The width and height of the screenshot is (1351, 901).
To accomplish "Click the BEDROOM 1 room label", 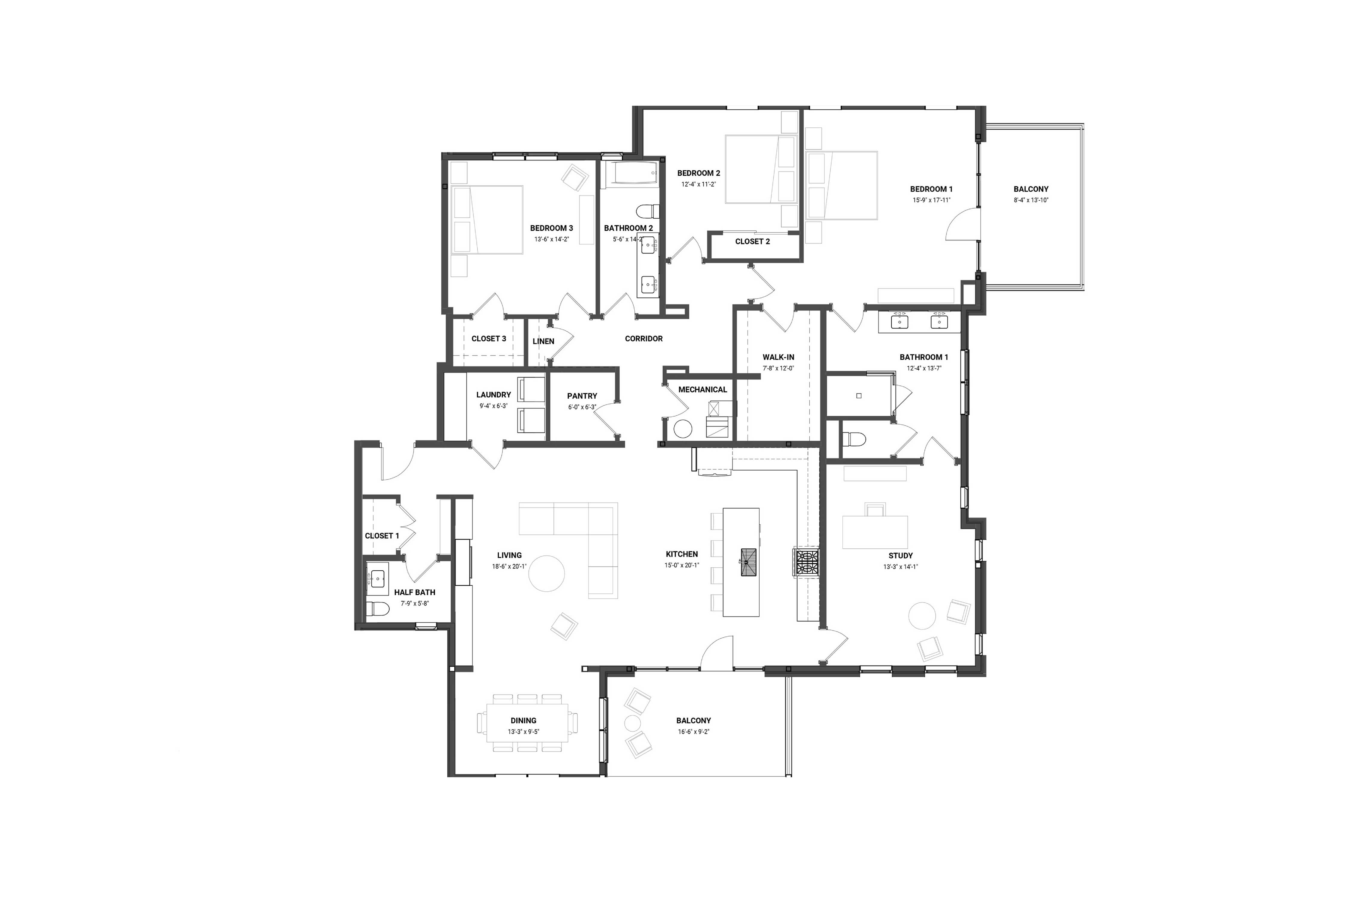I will tap(931, 189).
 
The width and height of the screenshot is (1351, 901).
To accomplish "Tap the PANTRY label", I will tap(582, 396).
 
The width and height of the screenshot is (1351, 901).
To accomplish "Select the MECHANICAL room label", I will tap(703, 390).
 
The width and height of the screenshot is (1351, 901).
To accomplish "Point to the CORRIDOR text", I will tap(643, 338).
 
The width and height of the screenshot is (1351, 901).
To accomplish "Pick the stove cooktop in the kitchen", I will tap(806, 562).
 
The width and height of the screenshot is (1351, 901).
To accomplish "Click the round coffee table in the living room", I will tap(546, 573).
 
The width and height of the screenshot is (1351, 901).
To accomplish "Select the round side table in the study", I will tap(922, 615).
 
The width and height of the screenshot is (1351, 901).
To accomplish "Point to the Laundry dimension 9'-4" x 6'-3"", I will tap(493, 406).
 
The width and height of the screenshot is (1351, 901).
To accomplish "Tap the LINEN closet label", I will tap(543, 341).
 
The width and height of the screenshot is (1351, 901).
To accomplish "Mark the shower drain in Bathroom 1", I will tap(859, 396).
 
